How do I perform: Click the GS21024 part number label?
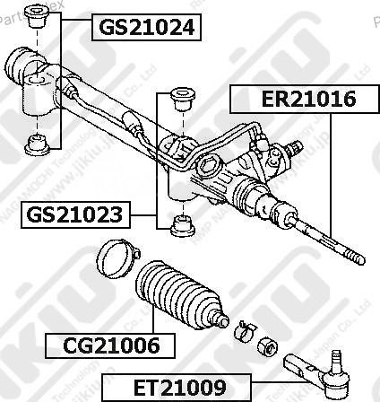[x=144, y=27]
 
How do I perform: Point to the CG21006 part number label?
[x=110, y=345]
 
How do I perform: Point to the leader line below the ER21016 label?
[x=332, y=170]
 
